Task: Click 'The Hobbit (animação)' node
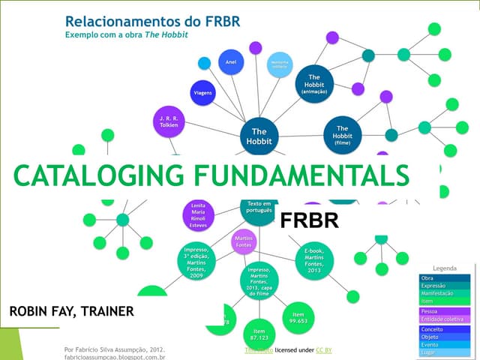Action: [315, 82]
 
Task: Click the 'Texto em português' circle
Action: [259, 206]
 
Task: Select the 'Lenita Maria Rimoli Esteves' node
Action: [199, 214]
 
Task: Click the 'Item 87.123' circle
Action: [259, 333]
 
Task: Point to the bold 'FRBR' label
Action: [309, 220]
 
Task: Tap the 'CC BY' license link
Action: [324, 350]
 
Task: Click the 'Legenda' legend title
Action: [445, 268]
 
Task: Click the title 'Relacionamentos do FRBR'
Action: [153, 21]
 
